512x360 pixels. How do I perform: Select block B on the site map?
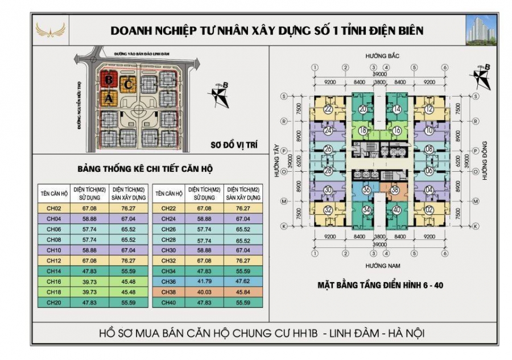pyautogui.click(x=108, y=80)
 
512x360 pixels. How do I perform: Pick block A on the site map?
pyautogui.click(x=108, y=98)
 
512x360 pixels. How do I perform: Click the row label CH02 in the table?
pyautogui.click(x=54, y=209)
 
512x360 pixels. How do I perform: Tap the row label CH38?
pyautogui.click(x=168, y=291)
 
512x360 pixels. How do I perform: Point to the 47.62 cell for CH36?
pyautogui.click(x=243, y=281)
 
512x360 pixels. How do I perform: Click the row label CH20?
pyautogui.click(x=54, y=301)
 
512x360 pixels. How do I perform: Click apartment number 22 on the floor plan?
pyautogui.click(x=328, y=110)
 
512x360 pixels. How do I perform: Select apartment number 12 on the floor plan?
pyautogui.click(x=429, y=110)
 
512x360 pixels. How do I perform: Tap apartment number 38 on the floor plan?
pyautogui.click(x=394, y=191)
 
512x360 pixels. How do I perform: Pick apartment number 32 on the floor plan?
pyautogui.click(x=328, y=210)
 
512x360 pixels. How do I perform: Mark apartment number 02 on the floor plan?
pyautogui.click(x=429, y=210)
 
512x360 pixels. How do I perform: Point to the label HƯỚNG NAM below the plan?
pyautogui.click(x=379, y=266)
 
